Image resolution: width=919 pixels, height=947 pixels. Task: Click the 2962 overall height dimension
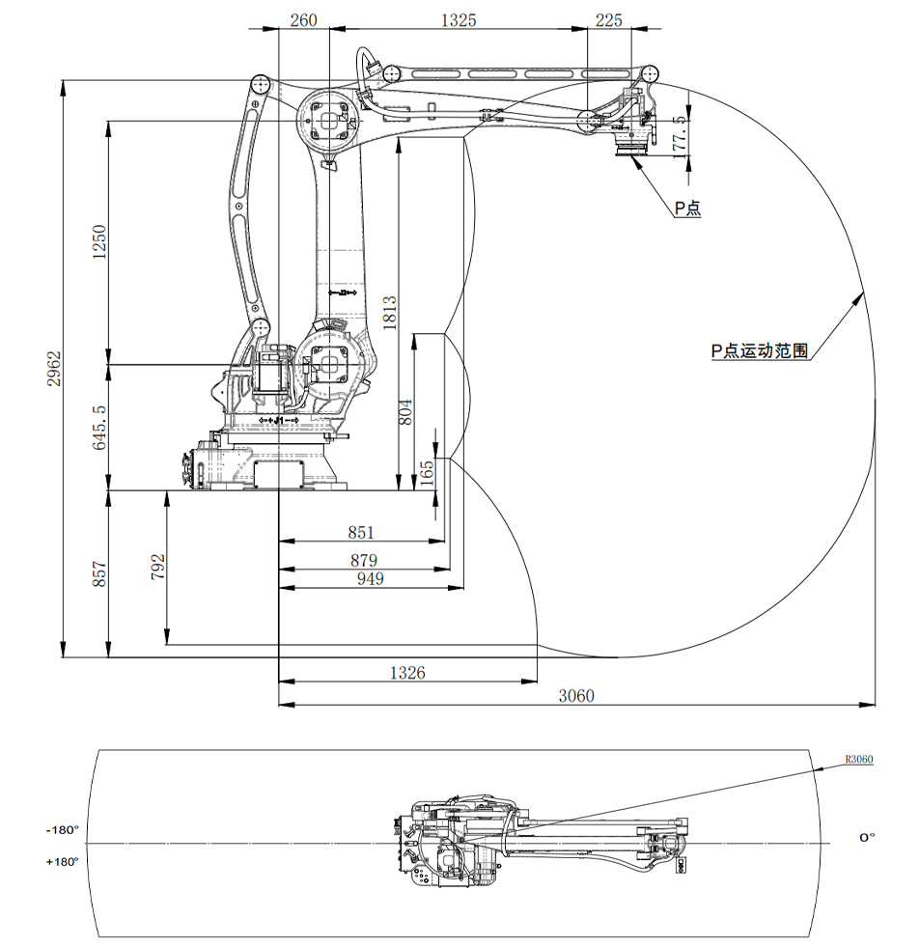(55, 368)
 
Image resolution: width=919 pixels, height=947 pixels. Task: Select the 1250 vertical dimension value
(98, 243)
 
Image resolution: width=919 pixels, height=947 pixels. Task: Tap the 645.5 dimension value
(98, 429)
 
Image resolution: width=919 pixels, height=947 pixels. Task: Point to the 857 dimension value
(98, 574)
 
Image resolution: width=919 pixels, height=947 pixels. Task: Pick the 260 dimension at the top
(303, 19)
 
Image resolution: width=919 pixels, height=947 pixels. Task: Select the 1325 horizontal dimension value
(459, 19)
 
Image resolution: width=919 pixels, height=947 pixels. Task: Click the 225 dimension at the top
(609, 19)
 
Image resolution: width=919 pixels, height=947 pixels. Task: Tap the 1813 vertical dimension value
(390, 313)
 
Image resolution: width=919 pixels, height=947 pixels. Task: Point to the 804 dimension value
(406, 412)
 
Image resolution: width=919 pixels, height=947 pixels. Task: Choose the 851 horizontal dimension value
(360, 532)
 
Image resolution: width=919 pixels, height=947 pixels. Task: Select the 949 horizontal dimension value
(369, 578)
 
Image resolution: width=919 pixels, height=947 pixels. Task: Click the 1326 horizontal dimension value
(406, 672)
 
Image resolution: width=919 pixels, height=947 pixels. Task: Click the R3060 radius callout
(858, 760)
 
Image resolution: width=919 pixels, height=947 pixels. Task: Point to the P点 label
(687, 208)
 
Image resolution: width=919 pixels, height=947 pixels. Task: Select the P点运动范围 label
(759, 351)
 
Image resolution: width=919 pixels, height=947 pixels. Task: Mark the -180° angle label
(61, 829)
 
